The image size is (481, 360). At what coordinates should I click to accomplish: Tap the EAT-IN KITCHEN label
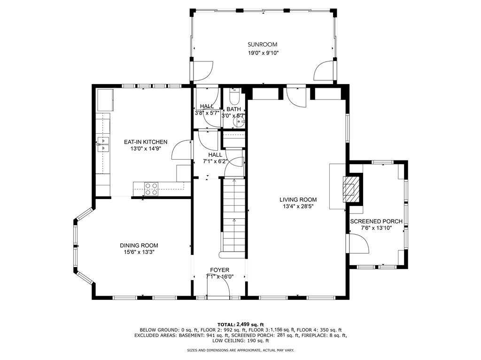[146, 142]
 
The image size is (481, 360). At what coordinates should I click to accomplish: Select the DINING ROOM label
[139, 245]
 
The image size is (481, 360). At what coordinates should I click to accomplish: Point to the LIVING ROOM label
[298, 199]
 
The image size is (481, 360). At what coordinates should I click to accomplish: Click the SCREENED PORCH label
[376, 222]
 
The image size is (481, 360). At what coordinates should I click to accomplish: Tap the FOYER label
[220, 270]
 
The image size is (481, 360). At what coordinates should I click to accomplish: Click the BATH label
[234, 109]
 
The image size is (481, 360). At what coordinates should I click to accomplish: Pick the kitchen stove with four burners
[151, 189]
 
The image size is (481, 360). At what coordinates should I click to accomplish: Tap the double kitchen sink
[103, 145]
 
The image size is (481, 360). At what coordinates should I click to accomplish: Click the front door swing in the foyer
[218, 288]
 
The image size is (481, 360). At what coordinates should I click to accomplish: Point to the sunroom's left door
[202, 71]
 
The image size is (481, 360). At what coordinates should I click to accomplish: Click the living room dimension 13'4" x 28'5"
[298, 207]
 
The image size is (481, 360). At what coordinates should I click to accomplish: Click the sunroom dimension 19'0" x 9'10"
[263, 53]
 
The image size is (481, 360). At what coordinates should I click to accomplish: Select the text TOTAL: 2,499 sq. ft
[241, 324]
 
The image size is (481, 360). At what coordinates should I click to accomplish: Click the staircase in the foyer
[234, 218]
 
